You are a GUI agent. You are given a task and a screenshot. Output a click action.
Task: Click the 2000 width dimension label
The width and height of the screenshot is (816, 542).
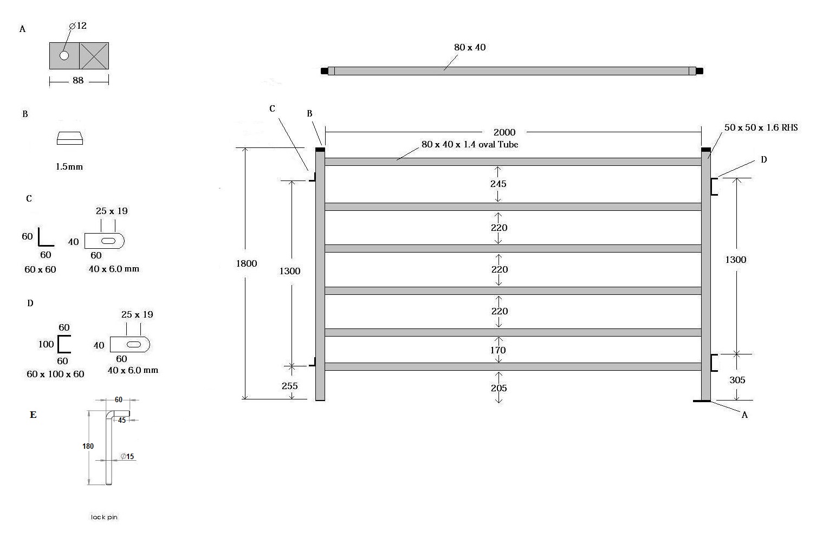504,132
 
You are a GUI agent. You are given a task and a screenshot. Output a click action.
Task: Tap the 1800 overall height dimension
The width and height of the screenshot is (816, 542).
247,263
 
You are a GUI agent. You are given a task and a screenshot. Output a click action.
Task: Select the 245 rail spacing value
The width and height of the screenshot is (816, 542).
498,184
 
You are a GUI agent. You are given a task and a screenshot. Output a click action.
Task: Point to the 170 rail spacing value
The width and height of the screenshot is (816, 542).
498,350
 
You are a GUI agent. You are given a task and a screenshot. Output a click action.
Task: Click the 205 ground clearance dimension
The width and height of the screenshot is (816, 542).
498,388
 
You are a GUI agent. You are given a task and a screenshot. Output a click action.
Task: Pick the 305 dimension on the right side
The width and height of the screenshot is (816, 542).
737,380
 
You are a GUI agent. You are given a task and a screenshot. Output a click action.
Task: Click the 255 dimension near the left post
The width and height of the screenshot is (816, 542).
289,385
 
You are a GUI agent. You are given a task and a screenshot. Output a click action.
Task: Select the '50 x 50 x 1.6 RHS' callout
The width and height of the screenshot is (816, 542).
761,127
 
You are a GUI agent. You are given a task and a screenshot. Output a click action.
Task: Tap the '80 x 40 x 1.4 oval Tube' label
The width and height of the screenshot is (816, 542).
470,144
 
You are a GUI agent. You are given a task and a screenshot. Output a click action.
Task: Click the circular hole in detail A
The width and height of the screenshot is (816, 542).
64,55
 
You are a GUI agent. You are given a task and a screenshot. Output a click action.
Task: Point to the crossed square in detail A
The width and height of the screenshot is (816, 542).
94,56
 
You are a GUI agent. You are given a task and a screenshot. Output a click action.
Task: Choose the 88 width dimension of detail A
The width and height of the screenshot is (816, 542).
78,80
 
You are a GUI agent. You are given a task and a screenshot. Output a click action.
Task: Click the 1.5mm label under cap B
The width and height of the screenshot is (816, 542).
69,166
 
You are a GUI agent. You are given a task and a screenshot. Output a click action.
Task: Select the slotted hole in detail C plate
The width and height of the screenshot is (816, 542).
108,241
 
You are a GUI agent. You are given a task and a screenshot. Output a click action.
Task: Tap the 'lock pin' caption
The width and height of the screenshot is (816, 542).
104,517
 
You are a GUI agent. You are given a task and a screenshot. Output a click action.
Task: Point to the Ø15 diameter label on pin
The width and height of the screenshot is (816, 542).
127,456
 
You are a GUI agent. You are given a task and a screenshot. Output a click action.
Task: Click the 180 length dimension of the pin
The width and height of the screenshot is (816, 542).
88,446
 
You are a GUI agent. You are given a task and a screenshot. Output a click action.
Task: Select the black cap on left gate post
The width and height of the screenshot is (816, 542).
320,150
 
